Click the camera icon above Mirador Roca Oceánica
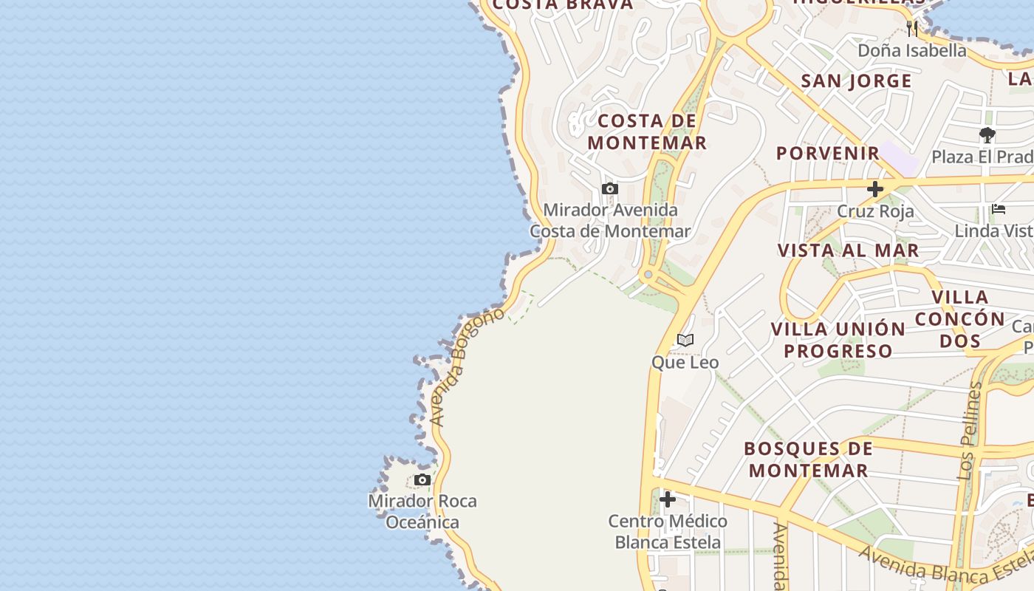pos(422,480)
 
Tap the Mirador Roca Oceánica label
pos(423,511)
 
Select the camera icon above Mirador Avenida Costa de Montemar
pos(610,189)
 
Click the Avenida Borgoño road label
pos(467,366)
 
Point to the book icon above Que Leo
pos(685,341)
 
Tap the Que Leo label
pos(685,363)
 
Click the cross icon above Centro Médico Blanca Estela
pos(668,500)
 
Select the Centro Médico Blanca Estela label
pos(668,532)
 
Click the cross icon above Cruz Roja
pos(875,189)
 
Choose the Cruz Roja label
pos(875,211)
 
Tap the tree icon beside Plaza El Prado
pos(987,135)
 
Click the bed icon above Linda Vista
pos(999,210)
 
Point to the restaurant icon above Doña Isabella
pos(912,29)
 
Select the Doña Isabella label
pos(912,50)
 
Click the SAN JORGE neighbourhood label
pos(857,81)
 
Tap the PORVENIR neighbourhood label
pos(828,153)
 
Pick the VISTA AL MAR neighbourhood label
pos(848,250)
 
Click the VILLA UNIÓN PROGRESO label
pos(838,340)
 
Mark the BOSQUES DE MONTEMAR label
pos(808,460)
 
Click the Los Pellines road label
pos(970,432)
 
